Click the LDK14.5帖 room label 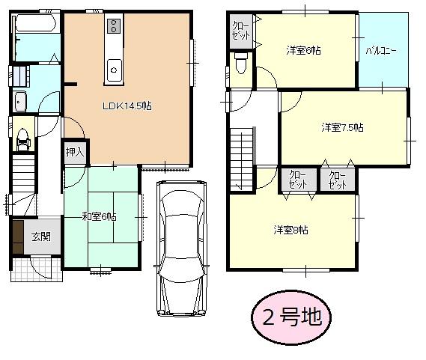127,106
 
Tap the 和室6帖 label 99,217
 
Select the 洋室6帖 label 303,51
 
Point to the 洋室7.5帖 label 342,127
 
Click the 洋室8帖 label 290,229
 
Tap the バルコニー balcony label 381,52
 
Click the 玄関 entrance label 40,237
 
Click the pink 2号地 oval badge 292,317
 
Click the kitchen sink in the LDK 113,70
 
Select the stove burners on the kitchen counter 113,26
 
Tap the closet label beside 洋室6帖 241,31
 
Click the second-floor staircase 242,157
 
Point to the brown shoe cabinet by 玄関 17,238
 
